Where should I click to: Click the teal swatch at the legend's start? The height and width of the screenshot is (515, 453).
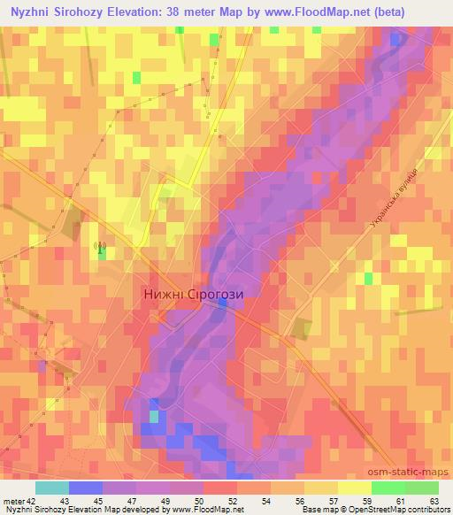pos(52,488)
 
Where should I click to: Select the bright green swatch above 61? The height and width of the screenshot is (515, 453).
pos(388,488)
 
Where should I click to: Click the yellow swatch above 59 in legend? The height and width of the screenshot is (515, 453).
pos(354,488)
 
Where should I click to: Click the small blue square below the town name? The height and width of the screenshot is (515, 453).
pos(223,303)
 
